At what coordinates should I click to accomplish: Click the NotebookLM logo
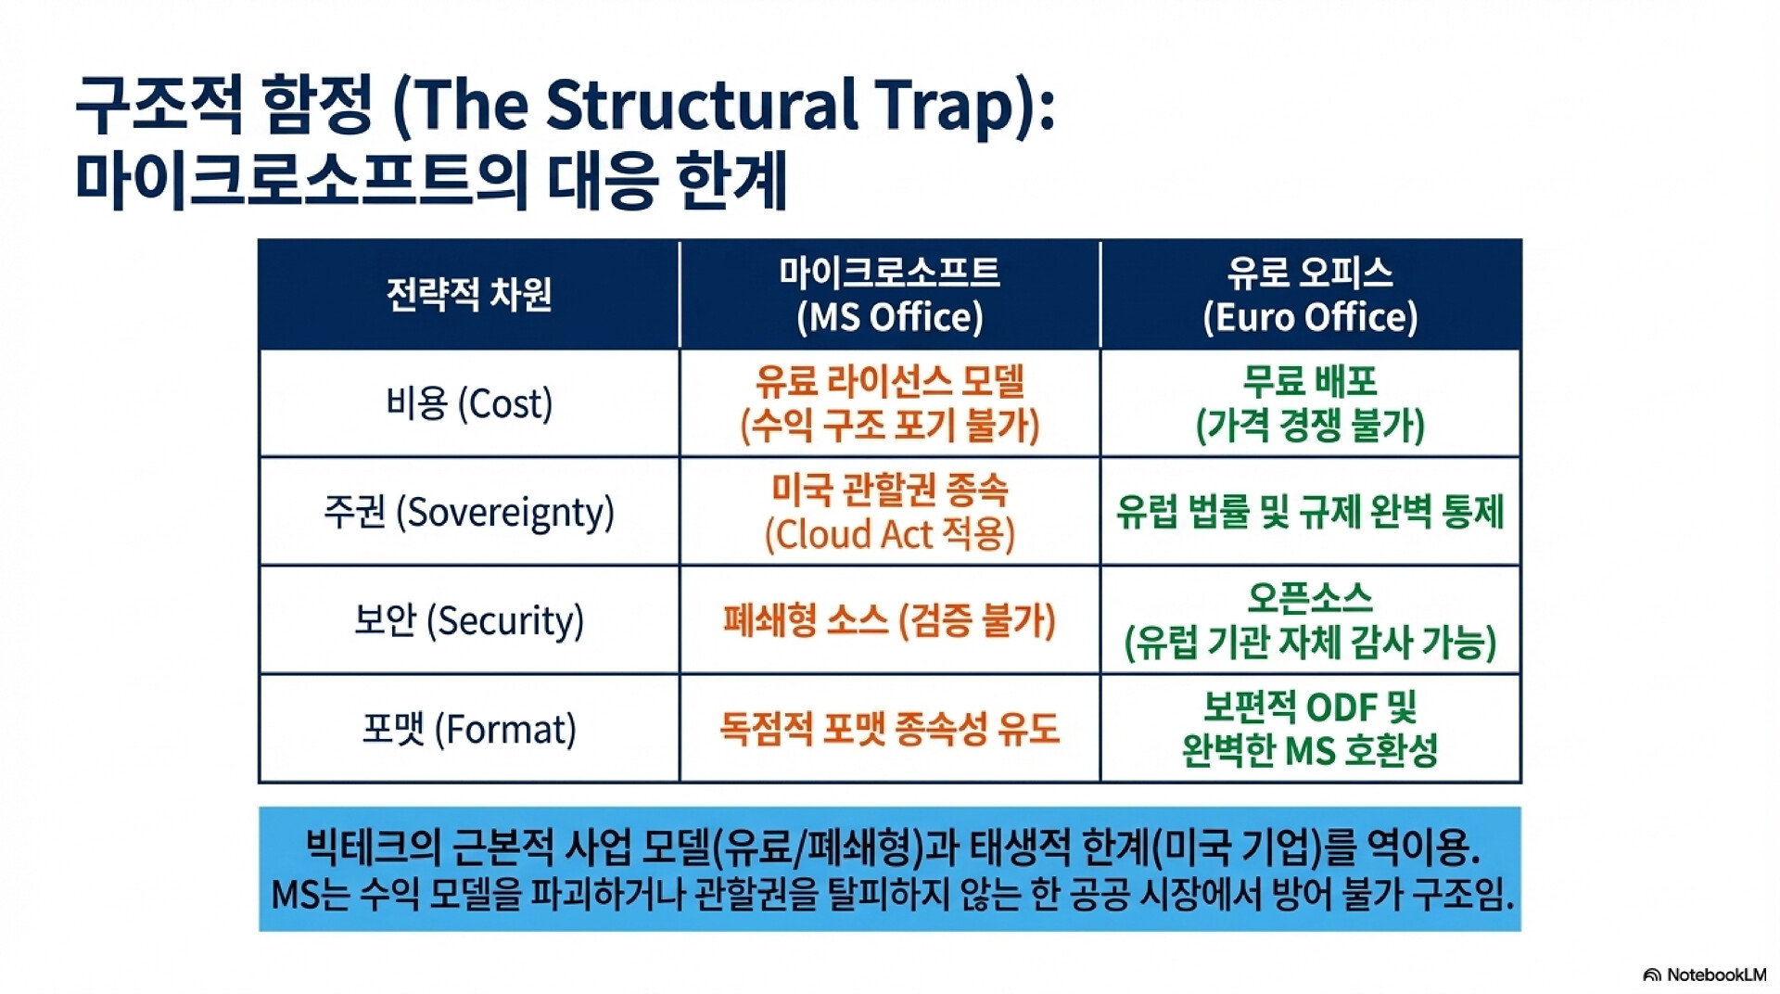tap(1704, 975)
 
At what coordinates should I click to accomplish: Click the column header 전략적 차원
tap(469, 294)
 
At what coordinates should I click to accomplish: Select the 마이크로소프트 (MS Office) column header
tap(890, 294)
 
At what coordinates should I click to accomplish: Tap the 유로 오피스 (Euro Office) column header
tap(1310, 294)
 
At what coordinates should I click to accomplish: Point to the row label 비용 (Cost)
tap(469, 403)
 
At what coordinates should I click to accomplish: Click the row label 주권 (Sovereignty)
tap(469, 512)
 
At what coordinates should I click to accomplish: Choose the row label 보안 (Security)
tap(469, 620)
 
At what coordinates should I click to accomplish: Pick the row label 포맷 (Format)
tap(469, 729)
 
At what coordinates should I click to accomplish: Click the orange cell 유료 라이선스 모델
tap(890, 403)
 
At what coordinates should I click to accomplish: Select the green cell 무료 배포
tap(1310, 403)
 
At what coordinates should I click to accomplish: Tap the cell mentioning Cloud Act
tap(890, 512)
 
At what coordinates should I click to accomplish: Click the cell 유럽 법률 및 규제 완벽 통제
tap(1310, 512)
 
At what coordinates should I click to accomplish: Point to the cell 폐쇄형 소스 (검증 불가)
tap(890, 620)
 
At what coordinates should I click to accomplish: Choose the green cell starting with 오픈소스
tap(1310, 620)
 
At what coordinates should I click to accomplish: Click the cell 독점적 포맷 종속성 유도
tap(890, 729)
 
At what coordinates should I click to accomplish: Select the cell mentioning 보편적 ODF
tap(1310, 729)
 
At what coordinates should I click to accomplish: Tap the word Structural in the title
tap(702, 104)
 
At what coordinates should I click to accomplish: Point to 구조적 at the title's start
tap(158, 104)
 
